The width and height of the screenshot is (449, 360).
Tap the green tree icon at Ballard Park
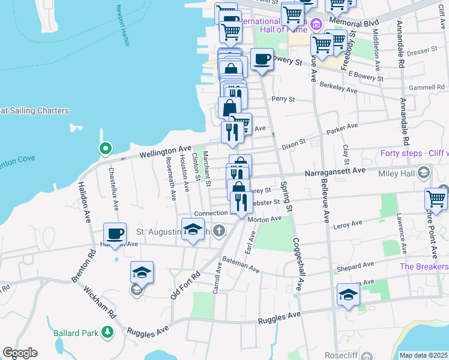pyautogui.click(x=107, y=331)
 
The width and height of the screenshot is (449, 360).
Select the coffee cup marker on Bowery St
pyautogui.click(x=262, y=59)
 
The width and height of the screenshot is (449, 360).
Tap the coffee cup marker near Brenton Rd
pyautogui.click(x=115, y=233)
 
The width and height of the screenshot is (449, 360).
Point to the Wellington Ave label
pyautogui.click(x=165, y=151)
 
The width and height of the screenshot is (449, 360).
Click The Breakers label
pyautogui.click(x=424, y=266)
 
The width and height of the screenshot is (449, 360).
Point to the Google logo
pyautogui.click(x=20, y=353)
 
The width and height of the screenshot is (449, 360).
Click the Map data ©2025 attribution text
pyautogui.click(x=423, y=355)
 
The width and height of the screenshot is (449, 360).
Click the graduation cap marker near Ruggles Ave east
pyautogui.click(x=348, y=295)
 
